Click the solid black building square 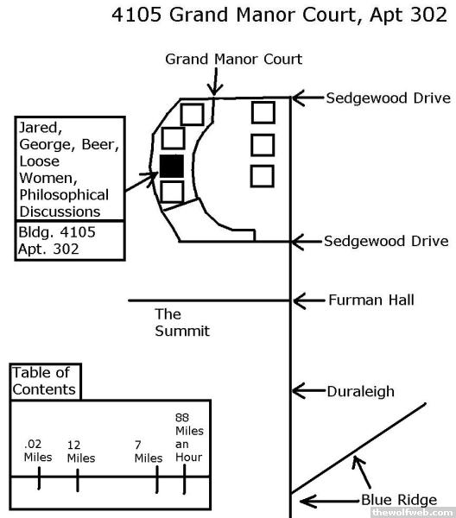(x=172, y=167)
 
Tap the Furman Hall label (x=371, y=300)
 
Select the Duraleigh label (x=360, y=391)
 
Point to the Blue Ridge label (x=399, y=500)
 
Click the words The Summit (x=182, y=322)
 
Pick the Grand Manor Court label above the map (x=234, y=60)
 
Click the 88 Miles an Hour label (x=189, y=438)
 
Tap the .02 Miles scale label (x=38, y=451)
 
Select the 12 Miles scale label (x=81, y=452)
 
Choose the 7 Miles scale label (x=149, y=452)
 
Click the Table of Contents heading (x=44, y=382)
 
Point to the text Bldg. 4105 (x=57, y=232)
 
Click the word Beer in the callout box (x=100, y=145)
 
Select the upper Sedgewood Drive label (x=389, y=98)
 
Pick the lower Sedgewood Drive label (x=386, y=241)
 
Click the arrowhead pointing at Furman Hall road (x=298, y=300)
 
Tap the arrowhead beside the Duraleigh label (x=297, y=391)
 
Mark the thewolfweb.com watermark (x=412, y=512)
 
